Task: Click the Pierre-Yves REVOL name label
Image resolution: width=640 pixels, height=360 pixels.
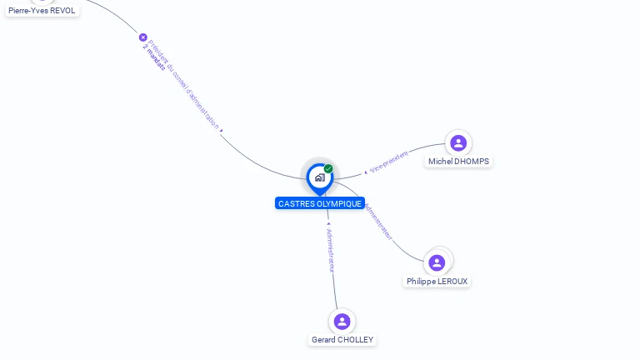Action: tap(42, 11)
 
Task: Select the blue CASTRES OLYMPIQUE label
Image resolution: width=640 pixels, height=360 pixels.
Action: tap(320, 203)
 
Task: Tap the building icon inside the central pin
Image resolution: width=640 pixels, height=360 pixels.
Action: tap(319, 177)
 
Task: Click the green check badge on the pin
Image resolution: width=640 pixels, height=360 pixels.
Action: tap(328, 169)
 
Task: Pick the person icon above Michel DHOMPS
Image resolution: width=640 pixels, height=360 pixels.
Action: tap(457, 142)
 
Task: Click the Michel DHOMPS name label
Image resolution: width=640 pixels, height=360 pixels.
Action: tap(459, 162)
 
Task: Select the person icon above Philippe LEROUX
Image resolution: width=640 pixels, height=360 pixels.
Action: tap(437, 262)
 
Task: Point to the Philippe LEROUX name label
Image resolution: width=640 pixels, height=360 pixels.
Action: tap(437, 282)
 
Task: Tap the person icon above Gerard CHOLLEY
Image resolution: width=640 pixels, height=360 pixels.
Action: tap(342, 321)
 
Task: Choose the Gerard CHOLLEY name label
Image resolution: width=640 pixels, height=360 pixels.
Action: tap(342, 340)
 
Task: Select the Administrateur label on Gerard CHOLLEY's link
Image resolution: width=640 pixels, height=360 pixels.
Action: tap(330, 249)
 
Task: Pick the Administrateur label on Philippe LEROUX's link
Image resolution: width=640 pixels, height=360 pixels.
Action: tap(379, 221)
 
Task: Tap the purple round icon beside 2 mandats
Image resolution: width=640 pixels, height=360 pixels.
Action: tap(142, 37)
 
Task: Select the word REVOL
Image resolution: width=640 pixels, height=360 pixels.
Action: tap(62, 11)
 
